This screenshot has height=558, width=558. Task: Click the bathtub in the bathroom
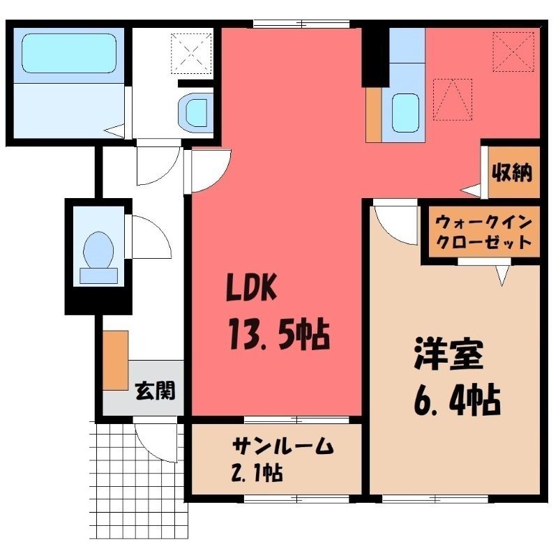pos(69,54)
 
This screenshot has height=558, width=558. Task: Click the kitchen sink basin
pos(405,113)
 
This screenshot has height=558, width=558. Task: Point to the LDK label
pos(252,288)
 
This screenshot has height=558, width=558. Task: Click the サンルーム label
pos(283,446)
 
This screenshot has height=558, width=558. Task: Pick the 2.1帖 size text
pos(258,474)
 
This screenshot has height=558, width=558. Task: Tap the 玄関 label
pos(156,391)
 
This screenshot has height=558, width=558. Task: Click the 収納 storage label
pos(513,173)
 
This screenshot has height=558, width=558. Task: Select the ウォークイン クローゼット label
pos(484,233)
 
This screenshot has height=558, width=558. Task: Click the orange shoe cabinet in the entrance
pos(116,360)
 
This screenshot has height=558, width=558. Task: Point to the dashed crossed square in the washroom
pos(191,54)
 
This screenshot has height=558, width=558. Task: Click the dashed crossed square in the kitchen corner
pos(513,52)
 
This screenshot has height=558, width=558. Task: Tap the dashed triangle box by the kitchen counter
pos(453,100)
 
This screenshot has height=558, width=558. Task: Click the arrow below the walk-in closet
pos(502,275)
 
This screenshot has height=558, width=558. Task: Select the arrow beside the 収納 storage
pos(469,190)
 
